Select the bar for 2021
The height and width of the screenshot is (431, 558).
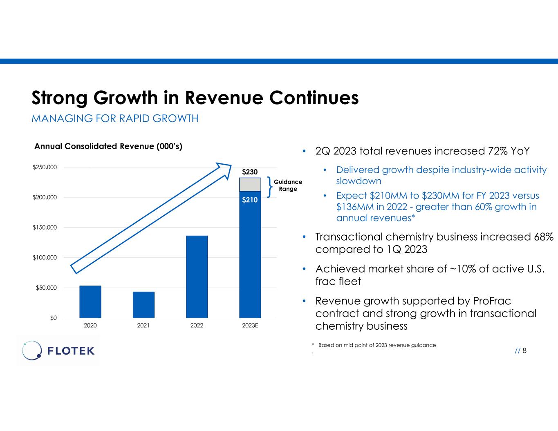(143, 305)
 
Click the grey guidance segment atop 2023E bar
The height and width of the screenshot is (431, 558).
(250, 184)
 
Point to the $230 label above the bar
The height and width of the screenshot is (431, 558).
(250, 172)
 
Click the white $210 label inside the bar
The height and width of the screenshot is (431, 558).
(250, 200)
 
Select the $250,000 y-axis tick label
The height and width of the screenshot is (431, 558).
(45, 167)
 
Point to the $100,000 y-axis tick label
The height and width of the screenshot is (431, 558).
(45, 258)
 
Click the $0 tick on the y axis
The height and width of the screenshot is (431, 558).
(54, 318)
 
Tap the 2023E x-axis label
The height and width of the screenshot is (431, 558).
(250, 326)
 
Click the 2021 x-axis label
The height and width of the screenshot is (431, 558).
(143, 326)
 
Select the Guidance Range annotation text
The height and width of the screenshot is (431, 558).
(288, 185)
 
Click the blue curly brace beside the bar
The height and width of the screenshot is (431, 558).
(269, 187)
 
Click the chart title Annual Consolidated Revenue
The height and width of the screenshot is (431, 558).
(108, 146)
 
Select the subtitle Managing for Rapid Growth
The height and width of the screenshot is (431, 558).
(115, 118)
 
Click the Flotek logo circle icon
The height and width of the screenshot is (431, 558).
(32, 351)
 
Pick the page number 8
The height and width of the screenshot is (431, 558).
(524, 351)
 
